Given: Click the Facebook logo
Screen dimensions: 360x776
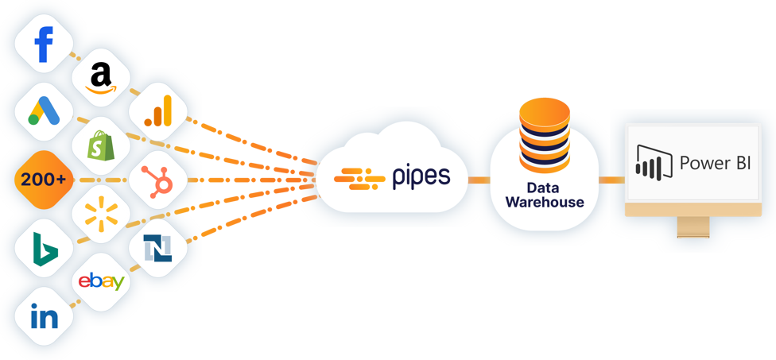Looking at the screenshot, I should [x=44, y=45].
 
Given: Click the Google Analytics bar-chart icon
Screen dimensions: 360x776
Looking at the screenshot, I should [x=157, y=112].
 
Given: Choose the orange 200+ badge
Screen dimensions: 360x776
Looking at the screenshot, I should [x=44, y=180].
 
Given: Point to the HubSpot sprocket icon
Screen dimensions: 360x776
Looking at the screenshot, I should [x=158, y=180].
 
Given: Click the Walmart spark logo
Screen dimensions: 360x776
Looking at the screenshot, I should [x=101, y=213].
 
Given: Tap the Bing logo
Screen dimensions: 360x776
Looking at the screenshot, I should [x=44, y=248].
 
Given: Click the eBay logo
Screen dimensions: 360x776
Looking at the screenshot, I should [x=101, y=281].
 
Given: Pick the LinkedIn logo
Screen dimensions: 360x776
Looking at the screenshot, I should [x=44, y=317].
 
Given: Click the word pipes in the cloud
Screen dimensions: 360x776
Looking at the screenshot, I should [x=421, y=176].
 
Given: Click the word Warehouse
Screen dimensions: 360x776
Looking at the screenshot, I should [x=545, y=203].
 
